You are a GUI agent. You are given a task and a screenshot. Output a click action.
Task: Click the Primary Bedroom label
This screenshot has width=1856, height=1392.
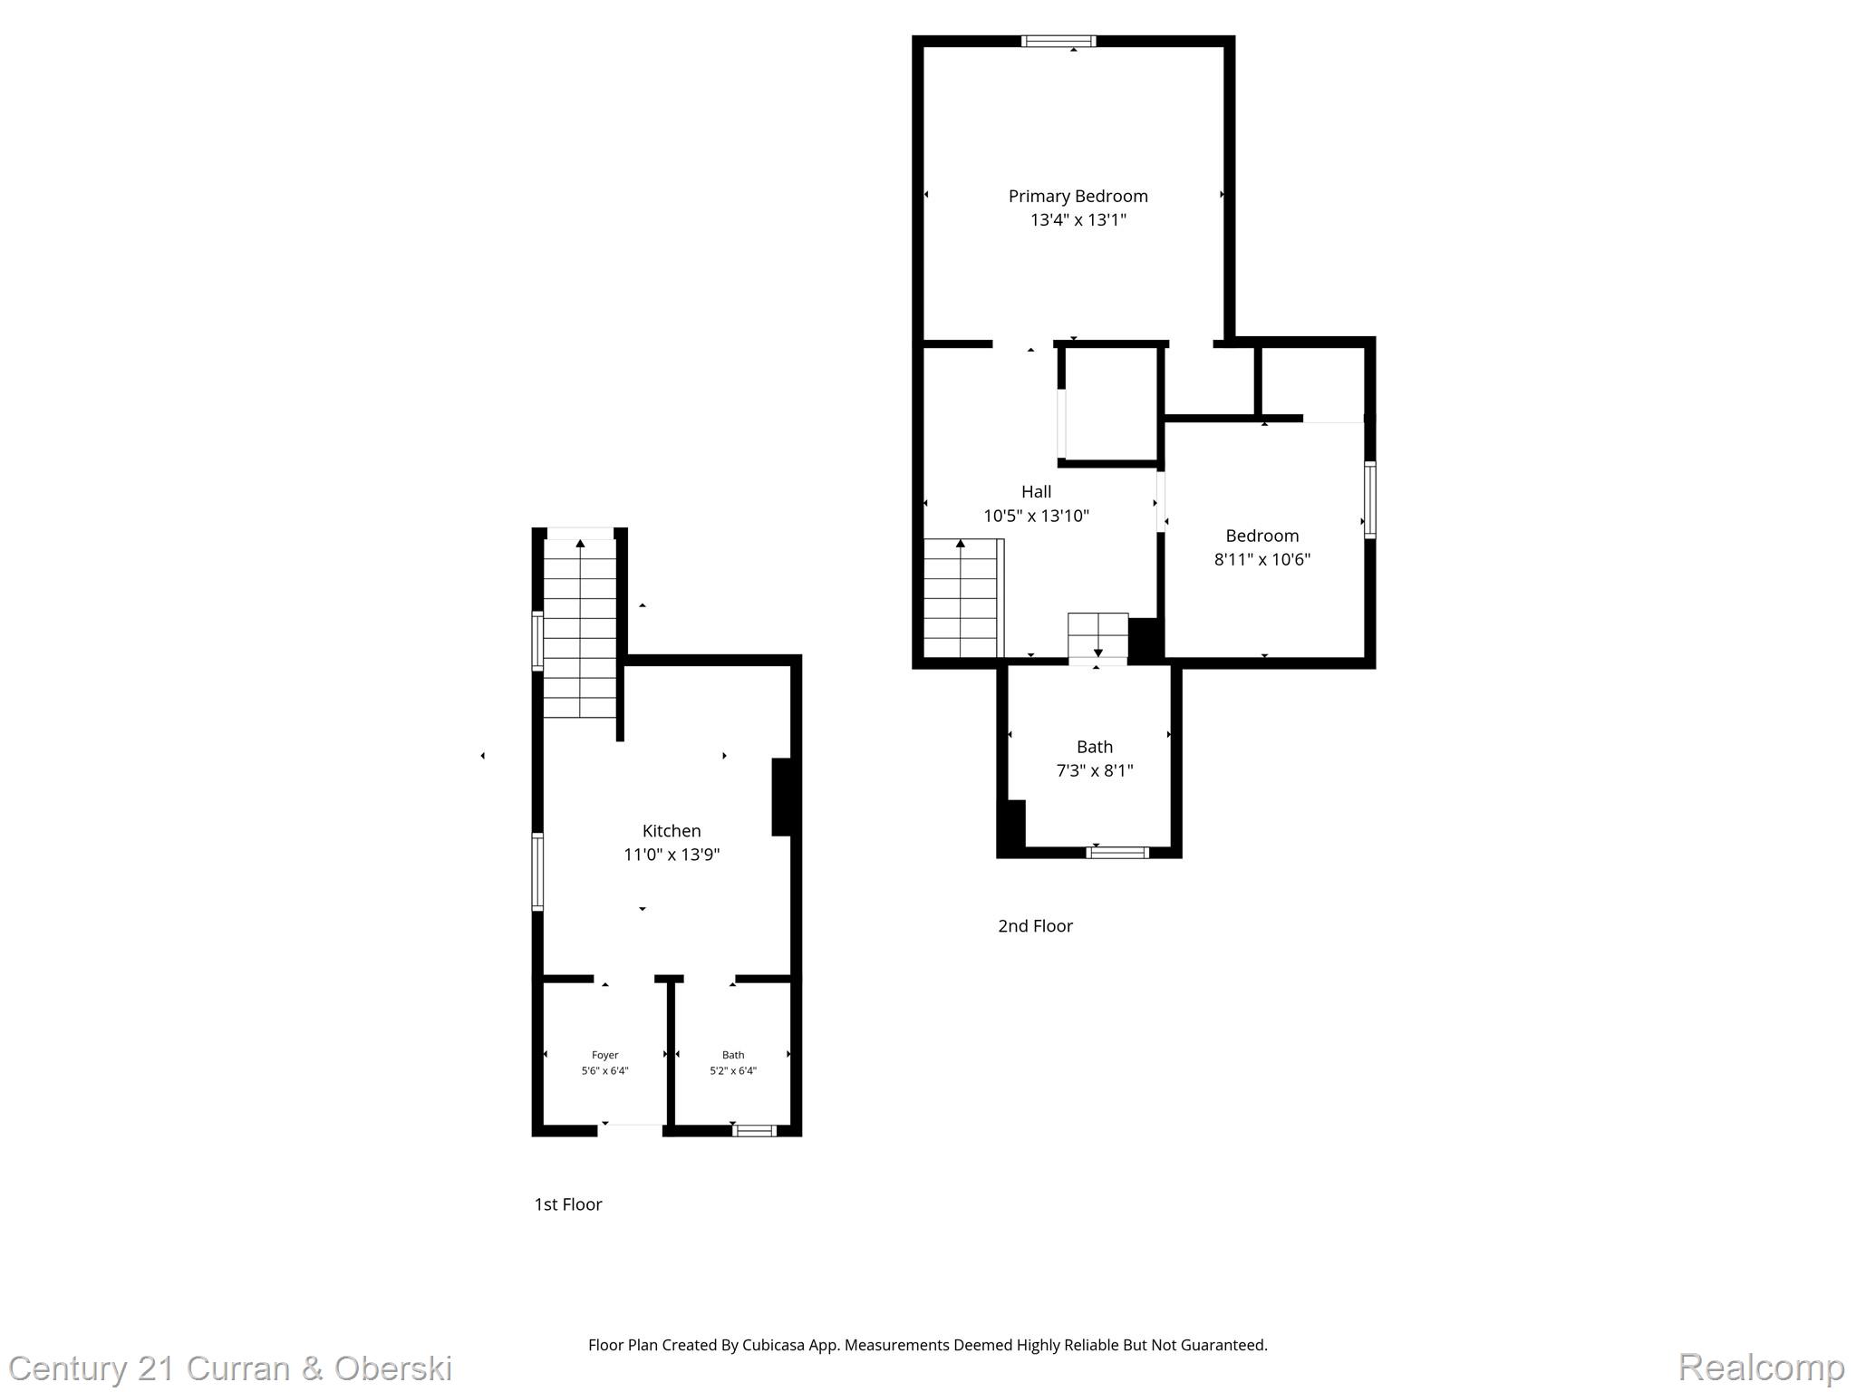pos(1078,196)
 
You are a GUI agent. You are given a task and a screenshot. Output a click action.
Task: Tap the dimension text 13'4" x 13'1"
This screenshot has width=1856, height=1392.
pos(1078,219)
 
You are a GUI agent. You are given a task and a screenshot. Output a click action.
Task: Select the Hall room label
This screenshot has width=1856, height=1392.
pos(1036,491)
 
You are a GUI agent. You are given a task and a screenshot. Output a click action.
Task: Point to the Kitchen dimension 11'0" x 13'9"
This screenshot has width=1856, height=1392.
pos(672,855)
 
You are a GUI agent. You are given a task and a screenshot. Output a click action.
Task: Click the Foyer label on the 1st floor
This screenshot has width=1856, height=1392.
pos(604,1055)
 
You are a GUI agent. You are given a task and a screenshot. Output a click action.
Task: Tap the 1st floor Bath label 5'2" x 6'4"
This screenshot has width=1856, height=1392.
pos(732,1070)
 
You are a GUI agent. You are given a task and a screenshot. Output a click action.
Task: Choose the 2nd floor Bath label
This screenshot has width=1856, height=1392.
pos(1094,747)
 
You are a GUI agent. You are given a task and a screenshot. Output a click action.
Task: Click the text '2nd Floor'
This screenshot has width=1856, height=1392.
pos(1035,925)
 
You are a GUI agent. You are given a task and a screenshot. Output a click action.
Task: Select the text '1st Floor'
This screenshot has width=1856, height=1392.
pos(567,1203)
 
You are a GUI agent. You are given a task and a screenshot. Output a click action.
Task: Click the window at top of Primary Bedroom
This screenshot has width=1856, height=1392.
pos(1058,41)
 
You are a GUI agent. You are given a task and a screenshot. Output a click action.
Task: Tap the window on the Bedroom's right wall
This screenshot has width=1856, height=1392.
pos(1369,499)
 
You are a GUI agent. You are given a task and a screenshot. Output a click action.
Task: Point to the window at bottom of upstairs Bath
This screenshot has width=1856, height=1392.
pos(1116,852)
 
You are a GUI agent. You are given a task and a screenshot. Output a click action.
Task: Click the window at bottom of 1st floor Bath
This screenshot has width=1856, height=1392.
pos(754,1130)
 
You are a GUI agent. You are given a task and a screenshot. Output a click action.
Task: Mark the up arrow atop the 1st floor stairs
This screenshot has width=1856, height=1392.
pos(580,544)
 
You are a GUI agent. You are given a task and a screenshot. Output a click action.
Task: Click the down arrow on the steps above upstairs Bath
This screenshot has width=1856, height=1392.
pos(1097,652)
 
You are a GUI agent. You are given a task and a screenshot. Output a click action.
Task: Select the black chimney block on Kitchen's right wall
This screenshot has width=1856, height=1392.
pos(781,797)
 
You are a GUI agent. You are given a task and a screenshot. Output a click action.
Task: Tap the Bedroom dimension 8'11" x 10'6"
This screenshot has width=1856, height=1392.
pos(1261,559)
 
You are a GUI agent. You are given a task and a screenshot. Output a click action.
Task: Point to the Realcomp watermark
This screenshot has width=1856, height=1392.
pos(1761,1367)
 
